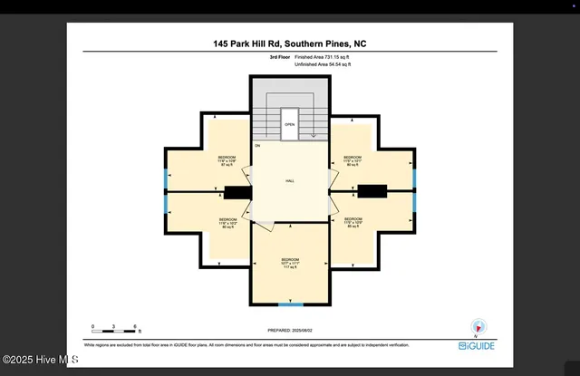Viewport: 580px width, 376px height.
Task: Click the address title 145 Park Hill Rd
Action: tap(290, 43)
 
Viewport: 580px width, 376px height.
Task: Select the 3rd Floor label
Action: tap(280, 57)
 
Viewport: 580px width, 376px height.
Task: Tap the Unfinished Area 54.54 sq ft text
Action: tap(323, 64)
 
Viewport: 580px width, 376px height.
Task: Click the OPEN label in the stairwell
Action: tap(289, 125)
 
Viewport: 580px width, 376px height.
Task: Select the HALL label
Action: tap(290, 181)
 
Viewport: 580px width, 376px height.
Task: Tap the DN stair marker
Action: tap(257, 146)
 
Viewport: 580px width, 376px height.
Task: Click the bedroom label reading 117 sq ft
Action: tap(290, 264)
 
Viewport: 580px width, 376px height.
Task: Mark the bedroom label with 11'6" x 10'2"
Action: tap(227, 222)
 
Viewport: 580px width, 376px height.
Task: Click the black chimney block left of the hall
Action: tap(237, 191)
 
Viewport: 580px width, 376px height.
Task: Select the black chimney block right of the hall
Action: tap(372, 190)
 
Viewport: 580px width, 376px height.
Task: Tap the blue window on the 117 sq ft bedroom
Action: tap(290, 304)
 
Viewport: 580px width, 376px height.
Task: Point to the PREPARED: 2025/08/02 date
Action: tap(290, 332)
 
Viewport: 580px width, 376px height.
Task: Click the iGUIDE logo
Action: tap(477, 346)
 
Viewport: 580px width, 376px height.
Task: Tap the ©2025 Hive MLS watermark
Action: tap(40, 360)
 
